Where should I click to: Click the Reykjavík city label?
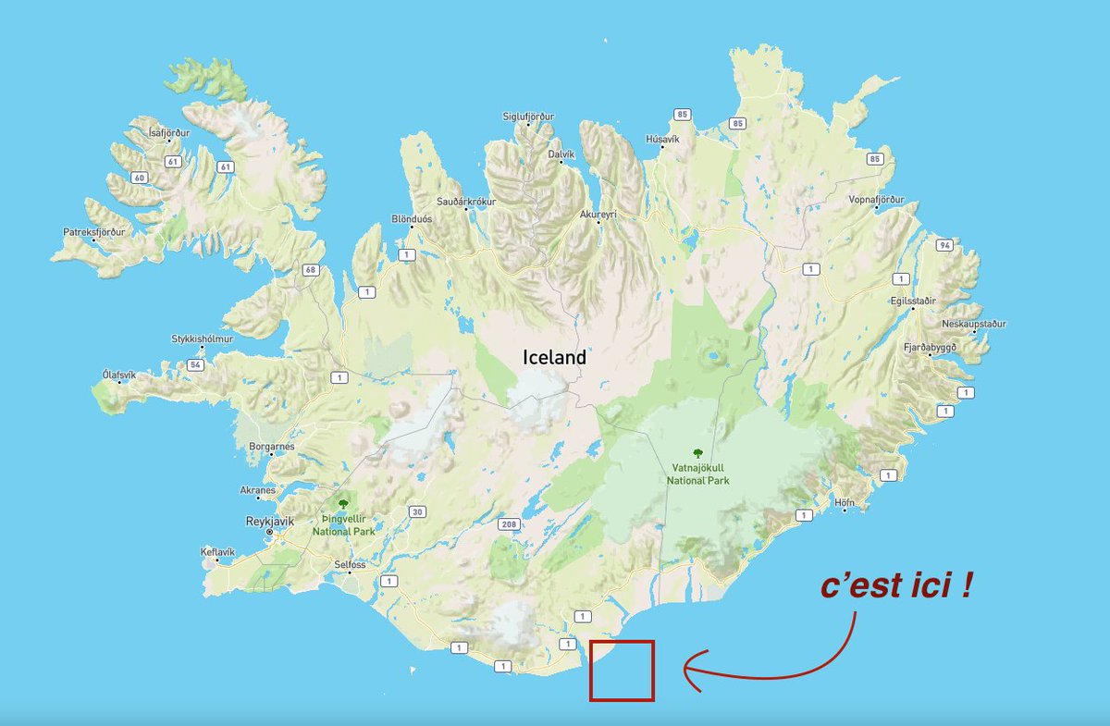[268, 521]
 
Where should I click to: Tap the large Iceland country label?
[554, 357]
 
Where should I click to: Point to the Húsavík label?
[662, 139]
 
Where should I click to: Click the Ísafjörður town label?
[168, 133]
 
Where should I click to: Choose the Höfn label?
[844, 503]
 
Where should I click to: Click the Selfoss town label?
[351, 564]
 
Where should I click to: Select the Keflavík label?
[218, 552]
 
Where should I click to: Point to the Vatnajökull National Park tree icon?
[698, 453]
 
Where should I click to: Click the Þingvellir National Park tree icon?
[343, 504]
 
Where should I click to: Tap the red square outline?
[622, 671]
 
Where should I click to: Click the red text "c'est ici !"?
[895, 587]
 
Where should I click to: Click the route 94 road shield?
[943, 245]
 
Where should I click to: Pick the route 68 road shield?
[309, 270]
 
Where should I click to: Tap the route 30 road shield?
[418, 511]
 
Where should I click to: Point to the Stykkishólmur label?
[202, 339]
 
